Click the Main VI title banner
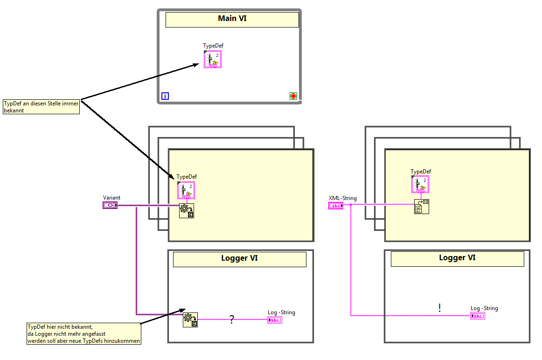232,19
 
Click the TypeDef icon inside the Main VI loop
213,59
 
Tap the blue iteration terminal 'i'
165,96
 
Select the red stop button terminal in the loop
293,96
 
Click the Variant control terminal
110,205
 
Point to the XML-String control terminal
336,206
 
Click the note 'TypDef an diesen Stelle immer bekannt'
41,107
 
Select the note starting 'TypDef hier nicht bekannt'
84,334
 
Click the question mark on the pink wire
231,320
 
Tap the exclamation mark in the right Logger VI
439,308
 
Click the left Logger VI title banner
239,259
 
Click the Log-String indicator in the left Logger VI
275,320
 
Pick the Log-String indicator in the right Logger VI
478,316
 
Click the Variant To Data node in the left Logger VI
190,319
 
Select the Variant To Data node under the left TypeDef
187,211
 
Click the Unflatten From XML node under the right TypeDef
422,207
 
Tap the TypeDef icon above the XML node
420,184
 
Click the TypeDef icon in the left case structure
186,190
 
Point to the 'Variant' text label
111,198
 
